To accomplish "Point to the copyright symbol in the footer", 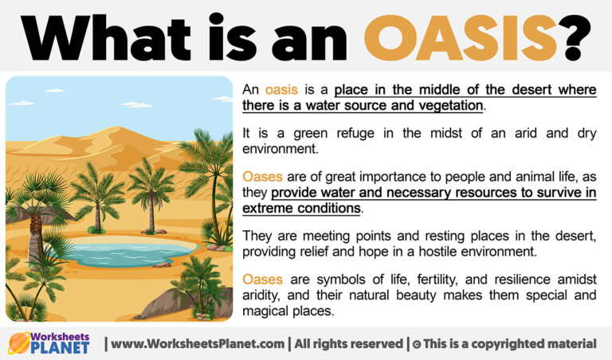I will (x=420, y=344).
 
